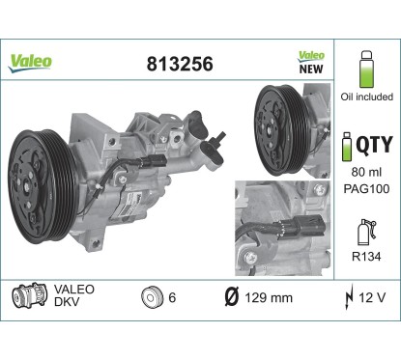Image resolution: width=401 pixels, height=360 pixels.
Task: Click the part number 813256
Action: (x=180, y=64)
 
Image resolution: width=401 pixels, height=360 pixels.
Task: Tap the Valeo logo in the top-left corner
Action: (x=30, y=63)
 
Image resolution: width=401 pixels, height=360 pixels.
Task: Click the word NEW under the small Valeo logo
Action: (x=311, y=69)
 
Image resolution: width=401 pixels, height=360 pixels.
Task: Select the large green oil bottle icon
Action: (x=366, y=69)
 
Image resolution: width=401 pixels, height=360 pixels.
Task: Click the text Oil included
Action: (x=367, y=97)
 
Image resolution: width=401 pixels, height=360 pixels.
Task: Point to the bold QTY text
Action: (x=375, y=145)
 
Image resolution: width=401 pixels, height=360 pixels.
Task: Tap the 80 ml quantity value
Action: (x=366, y=172)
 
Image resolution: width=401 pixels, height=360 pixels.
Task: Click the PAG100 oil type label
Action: (x=366, y=188)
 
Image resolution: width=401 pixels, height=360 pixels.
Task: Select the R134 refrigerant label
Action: (x=366, y=257)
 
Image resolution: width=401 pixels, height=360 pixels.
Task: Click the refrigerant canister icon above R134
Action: (x=366, y=232)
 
